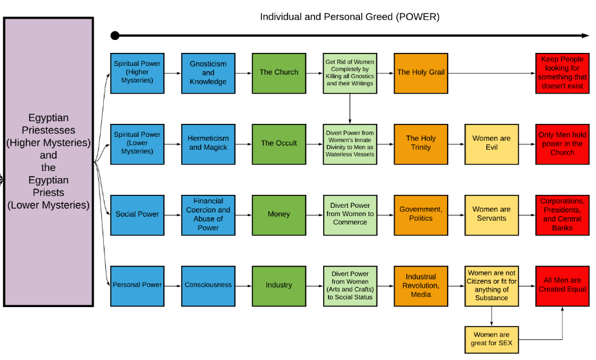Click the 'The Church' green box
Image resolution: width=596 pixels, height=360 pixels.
(279, 74)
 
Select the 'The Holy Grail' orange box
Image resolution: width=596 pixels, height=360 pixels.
(421, 74)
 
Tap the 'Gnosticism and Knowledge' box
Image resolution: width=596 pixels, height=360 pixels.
(208, 74)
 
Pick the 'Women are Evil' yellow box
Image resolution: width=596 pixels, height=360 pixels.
(492, 144)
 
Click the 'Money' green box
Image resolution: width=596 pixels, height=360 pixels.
(279, 215)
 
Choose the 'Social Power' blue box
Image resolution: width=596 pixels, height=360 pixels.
(137, 215)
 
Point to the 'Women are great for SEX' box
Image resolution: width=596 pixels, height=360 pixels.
(492, 340)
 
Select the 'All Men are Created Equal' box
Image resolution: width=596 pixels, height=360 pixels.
(562, 286)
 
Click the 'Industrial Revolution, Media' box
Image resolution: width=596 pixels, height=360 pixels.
(421, 286)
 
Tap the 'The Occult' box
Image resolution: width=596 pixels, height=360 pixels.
(279, 144)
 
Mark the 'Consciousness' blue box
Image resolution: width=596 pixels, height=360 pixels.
(208, 286)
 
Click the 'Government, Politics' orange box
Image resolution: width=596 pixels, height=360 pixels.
(421, 215)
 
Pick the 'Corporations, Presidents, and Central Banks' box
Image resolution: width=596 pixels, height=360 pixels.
(562, 215)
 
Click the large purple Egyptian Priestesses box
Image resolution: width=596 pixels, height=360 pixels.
(48, 161)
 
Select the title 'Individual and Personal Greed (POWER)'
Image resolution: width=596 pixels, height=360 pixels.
(350, 17)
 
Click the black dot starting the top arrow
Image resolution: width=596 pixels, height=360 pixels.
(115, 35)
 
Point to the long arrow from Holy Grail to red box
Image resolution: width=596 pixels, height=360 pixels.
(492, 74)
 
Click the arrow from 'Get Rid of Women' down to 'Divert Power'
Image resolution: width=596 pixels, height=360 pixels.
(350, 109)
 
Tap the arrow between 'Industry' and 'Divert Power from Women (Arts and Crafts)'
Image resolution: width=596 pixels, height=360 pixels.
(315, 286)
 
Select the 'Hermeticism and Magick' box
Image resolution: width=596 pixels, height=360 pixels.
(208, 144)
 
